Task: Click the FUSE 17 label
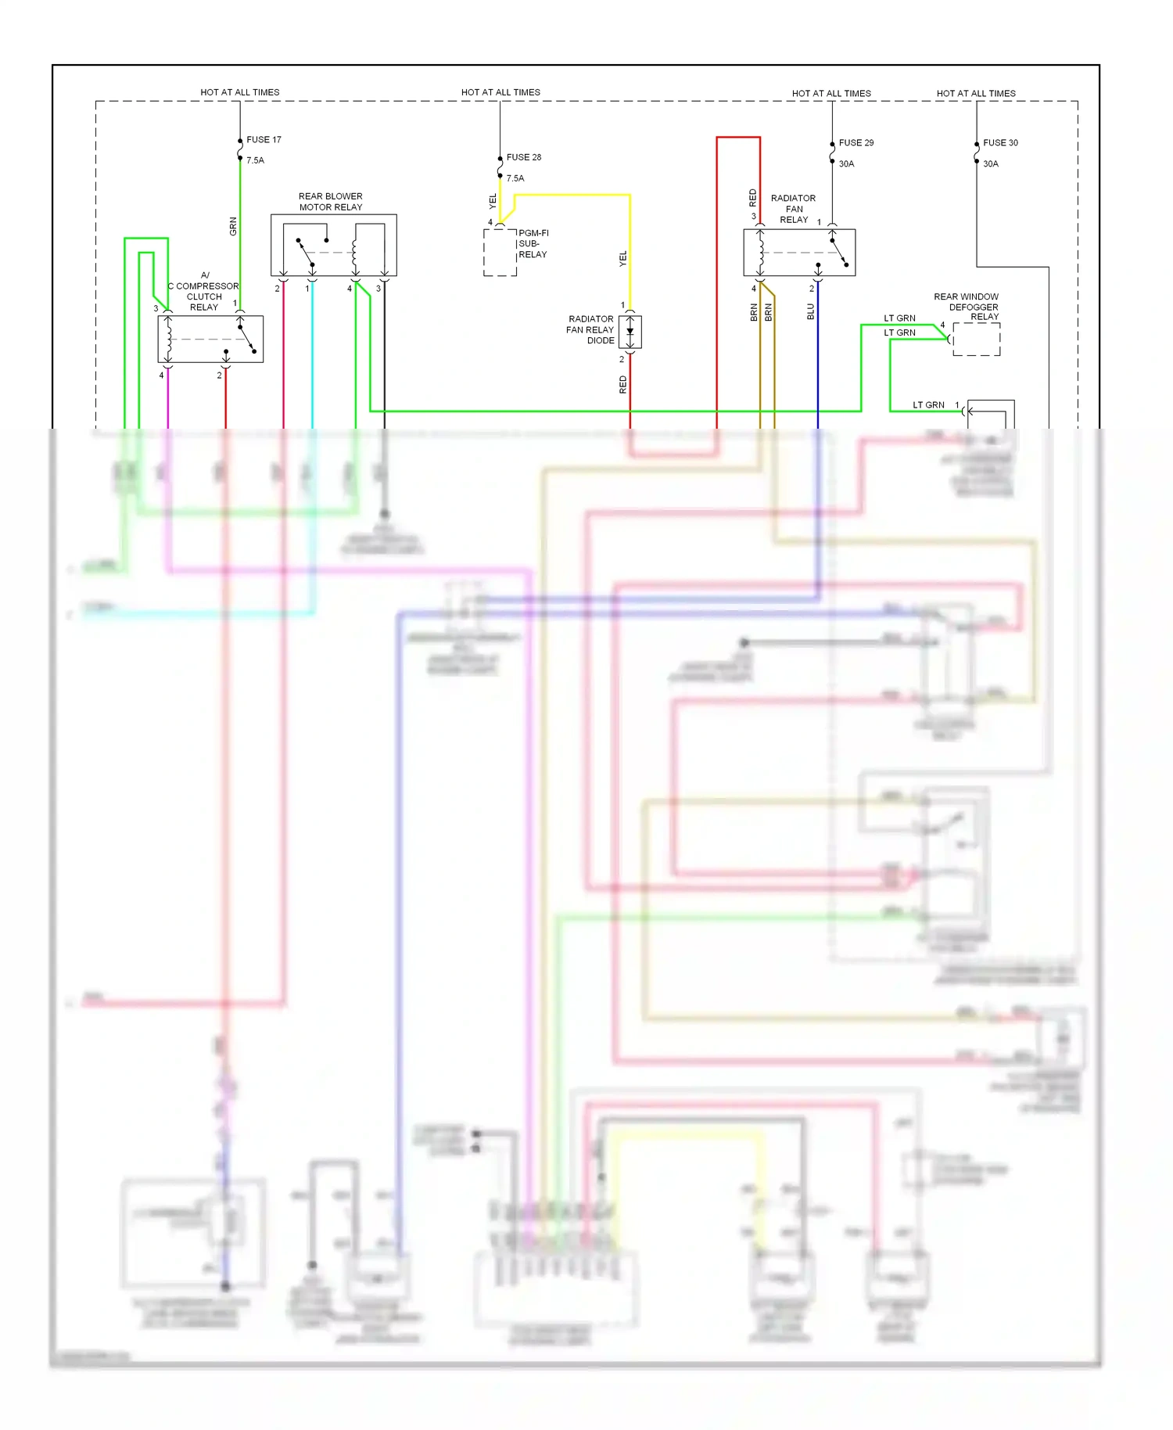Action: pyautogui.click(x=264, y=140)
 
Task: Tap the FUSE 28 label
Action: pyautogui.click(x=523, y=157)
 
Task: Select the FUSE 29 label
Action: pyautogui.click(x=856, y=143)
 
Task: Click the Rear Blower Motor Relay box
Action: pyautogui.click(x=333, y=245)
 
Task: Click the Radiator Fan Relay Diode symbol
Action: pyautogui.click(x=630, y=332)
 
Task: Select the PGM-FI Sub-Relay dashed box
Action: pyautogui.click(x=500, y=253)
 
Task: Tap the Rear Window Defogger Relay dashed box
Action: pyautogui.click(x=976, y=340)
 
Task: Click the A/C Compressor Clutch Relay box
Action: pyautogui.click(x=210, y=340)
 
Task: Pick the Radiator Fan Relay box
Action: pyautogui.click(x=798, y=253)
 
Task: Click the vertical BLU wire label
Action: pyautogui.click(x=811, y=312)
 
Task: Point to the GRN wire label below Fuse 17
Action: pyautogui.click(x=233, y=228)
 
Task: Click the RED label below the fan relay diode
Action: pyautogui.click(x=623, y=384)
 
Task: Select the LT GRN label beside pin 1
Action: pyautogui.click(x=928, y=405)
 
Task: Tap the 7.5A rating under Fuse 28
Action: pyautogui.click(x=515, y=178)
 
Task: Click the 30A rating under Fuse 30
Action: pyautogui.click(x=990, y=164)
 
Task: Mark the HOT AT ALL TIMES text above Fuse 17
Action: pyautogui.click(x=239, y=92)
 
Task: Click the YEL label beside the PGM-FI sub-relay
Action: pyautogui.click(x=493, y=202)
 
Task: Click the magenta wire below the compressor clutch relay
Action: pyautogui.click(x=168, y=399)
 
